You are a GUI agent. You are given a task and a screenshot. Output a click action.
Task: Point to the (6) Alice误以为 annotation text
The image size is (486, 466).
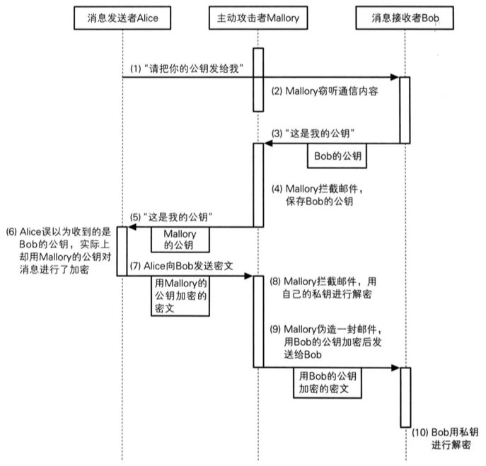(58, 251)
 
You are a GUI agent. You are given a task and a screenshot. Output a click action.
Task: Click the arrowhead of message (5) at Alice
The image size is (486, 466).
(130, 227)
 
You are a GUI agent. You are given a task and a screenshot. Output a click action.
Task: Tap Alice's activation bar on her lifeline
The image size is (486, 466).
(122, 251)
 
